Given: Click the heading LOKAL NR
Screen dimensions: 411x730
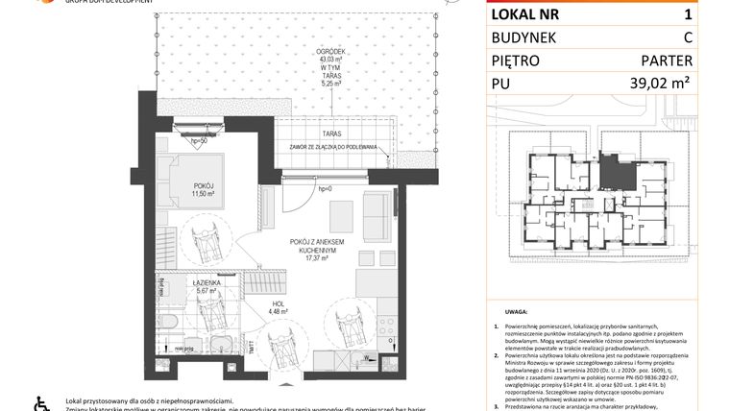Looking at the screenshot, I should pos(528,14).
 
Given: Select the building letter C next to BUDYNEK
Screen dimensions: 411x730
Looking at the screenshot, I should pos(687,37).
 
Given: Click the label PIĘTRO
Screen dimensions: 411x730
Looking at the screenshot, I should pos(520,60).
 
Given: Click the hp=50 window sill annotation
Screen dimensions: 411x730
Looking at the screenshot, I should pos(199,141).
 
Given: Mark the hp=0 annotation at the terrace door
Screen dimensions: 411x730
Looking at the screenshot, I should pos(326,189).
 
